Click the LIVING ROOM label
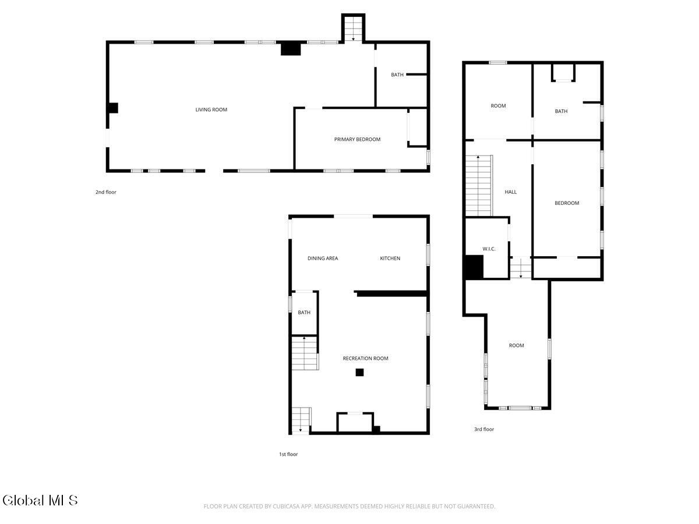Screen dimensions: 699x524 (x=211, y=110)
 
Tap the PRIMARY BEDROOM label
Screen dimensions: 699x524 (x=357, y=139)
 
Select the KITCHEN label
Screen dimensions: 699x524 (x=390, y=259)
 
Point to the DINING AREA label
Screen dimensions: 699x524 (x=323, y=259)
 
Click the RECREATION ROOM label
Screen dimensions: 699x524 (x=365, y=358)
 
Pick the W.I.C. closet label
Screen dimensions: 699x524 (x=489, y=249)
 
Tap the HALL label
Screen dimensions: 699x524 (x=510, y=192)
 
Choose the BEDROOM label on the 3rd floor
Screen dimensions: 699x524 (x=567, y=203)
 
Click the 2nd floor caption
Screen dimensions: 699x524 (x=106, y=192)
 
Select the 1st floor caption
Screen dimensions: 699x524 (x=288, y=454)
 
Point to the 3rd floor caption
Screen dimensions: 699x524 (x=483, y=429)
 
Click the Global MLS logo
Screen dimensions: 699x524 (x=40, y=500)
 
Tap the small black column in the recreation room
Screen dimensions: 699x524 (x=359, y=372)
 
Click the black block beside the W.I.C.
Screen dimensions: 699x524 (x=474, y=267)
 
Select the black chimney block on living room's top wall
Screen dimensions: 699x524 (x=291, y=49)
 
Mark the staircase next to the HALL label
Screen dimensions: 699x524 (x=479, y=186)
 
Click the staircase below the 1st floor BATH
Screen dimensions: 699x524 (x=305, y=353)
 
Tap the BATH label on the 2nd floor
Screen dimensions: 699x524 (x=397, y=75)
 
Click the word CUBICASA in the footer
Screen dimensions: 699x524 (x=285, y=506)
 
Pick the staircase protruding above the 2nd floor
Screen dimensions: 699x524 (x=353, y=29)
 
